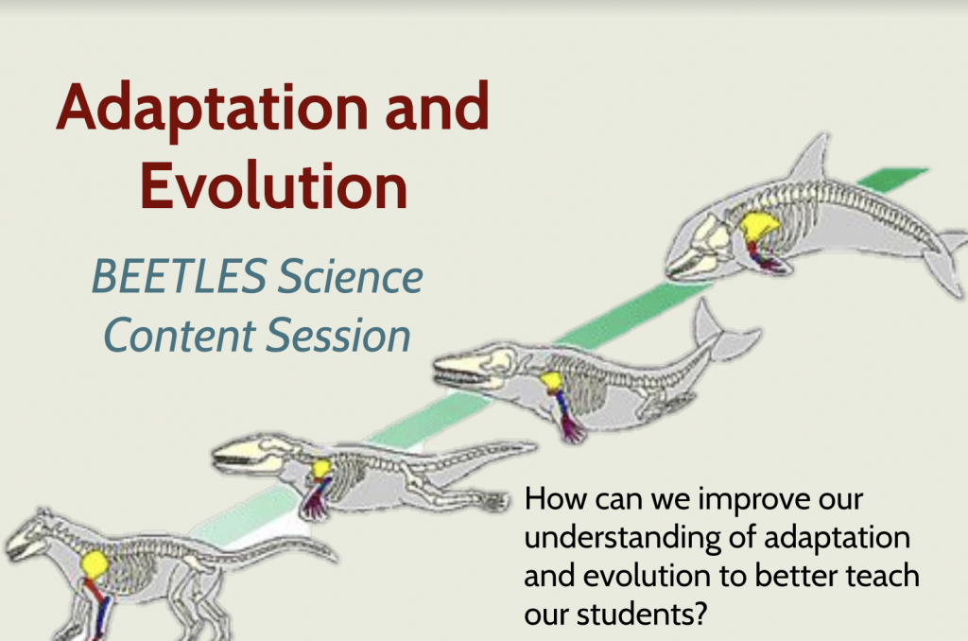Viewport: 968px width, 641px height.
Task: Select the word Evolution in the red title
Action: point(274,186)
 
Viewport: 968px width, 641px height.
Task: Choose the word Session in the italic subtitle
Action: point(348,336)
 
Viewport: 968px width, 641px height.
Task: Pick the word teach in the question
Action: point(875,576)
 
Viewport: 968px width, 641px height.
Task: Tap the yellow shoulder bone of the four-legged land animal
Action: point(94,565)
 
